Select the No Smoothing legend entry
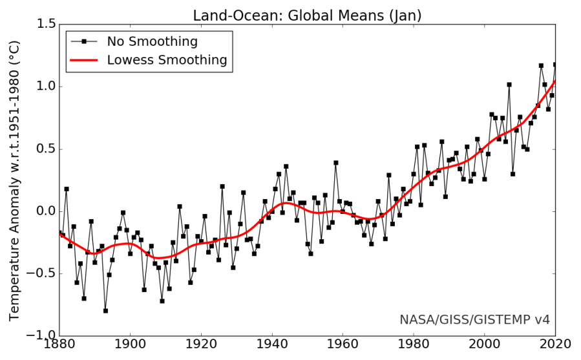pos(152,41)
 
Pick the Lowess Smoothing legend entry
pos(167,60)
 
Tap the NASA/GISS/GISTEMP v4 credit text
pos(474,319)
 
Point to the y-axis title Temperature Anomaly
pos(15,180)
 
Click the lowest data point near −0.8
pos(105,311)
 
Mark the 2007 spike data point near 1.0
pos(509,85)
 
